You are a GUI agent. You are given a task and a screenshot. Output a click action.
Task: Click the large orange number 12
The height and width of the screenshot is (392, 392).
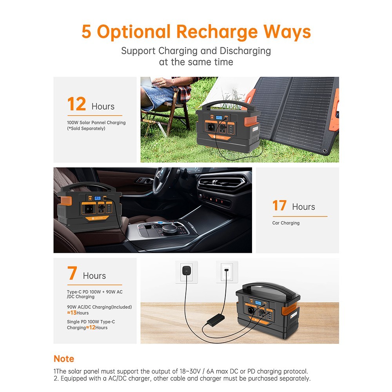[x=76, y=104]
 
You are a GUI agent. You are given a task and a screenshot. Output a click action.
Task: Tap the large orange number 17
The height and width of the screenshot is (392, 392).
[x=279, y=205]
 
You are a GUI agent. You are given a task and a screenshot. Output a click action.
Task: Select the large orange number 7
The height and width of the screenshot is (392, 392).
[x=72, y=274]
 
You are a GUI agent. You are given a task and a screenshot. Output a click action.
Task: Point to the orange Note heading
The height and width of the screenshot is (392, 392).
[x=64, y=359]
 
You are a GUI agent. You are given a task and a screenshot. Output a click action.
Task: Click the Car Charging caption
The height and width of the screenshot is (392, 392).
[x=286, y=223]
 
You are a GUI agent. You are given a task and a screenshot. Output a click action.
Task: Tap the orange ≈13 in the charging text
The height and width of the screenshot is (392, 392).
[x=72, y=313]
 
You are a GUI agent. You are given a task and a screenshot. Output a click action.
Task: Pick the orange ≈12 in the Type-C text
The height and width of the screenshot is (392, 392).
[x=91, y=327]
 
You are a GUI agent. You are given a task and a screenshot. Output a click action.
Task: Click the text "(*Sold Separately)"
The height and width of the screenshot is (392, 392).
[x=86, y=129]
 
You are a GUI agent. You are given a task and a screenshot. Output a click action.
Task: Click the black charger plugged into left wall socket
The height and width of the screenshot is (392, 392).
[x=186, y=270]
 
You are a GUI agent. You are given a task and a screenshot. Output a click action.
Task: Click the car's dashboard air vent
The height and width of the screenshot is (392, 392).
[x=223, y=183]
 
